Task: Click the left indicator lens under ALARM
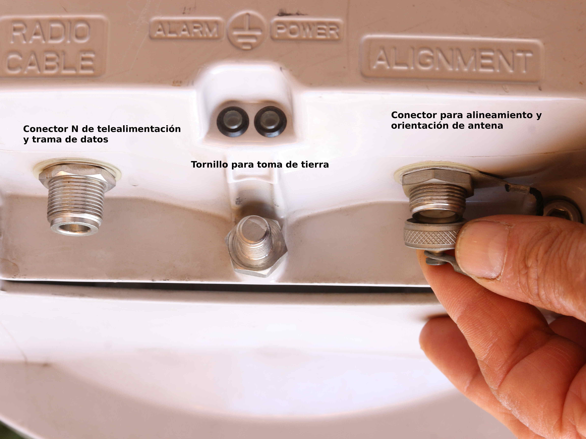coord(233,122)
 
